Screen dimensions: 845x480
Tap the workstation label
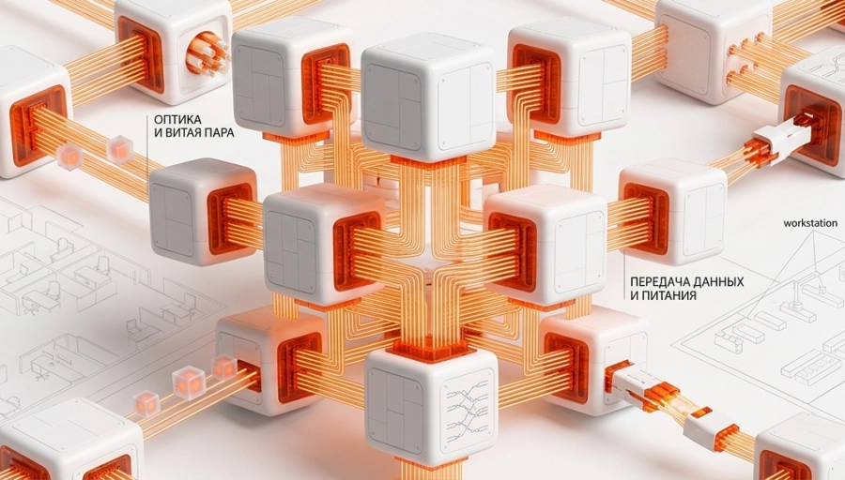point(810,223)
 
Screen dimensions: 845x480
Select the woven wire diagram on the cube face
point(468,412)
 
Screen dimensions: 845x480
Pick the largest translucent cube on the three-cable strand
point(189,382)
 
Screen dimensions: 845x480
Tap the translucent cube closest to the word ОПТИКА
point(119,150)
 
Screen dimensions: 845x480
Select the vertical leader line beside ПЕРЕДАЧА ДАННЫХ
point(624,278)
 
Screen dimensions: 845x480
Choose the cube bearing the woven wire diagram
point(431,405)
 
